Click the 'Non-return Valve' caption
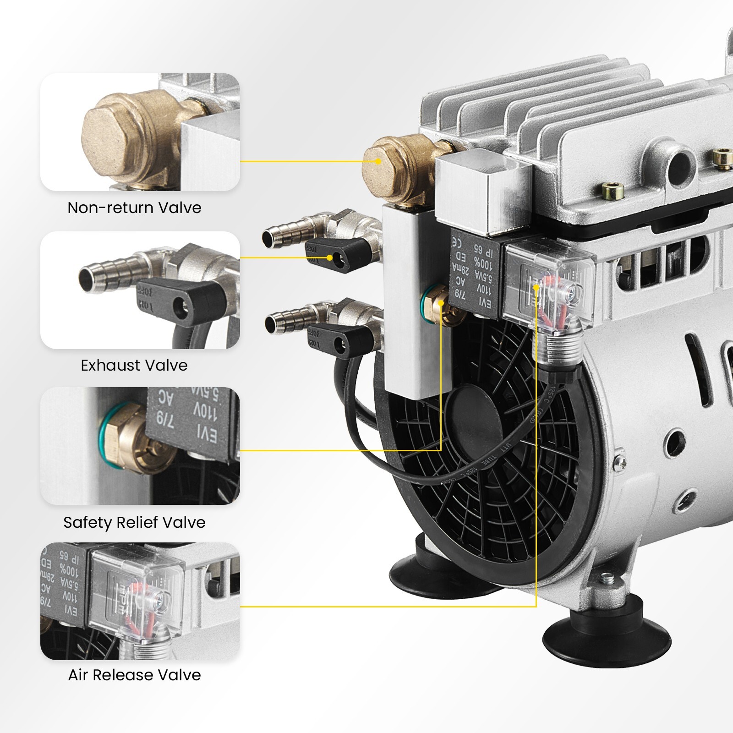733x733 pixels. [134, 208]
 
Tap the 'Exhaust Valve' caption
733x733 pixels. [134, 366]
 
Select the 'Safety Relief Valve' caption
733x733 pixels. [134, 523]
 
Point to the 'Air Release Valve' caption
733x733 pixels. [134, 675]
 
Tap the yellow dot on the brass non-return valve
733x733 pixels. [378, 161]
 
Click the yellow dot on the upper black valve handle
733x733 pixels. [329, 258]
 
